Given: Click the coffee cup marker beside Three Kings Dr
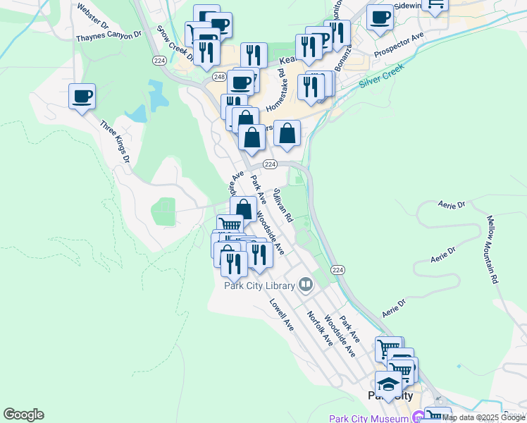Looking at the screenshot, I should click(x=82, y=95).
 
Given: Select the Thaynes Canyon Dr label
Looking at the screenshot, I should click(x=104, y=35).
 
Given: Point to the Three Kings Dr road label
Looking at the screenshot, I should click(x=115, y=143).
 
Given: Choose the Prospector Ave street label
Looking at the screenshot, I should click(x=399, y=47).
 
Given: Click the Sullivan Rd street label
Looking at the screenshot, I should click(x=283, y=206).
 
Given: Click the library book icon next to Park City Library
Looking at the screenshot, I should click(x=306, y=285).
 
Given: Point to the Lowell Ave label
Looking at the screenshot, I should click(x=280, y=314).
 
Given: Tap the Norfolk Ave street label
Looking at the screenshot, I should click(x=319, y=329).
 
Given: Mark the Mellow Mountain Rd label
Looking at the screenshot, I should click(x=491, y=250).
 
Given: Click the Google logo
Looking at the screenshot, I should click(x=23, y=415).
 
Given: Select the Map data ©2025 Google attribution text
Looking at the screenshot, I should click(x=484, y=417).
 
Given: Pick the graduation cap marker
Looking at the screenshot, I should click(x=388, y=384).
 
